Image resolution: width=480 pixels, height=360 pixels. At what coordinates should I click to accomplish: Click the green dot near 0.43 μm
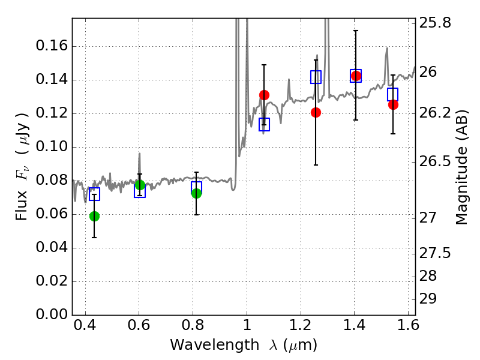[x=95, y=216]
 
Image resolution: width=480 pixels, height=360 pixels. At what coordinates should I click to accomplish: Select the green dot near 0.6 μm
[x=140, y=185]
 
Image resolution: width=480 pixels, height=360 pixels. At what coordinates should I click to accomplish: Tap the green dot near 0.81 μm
[x=197, y=193]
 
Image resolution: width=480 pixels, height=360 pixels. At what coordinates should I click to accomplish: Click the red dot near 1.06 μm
[x=264, y=95]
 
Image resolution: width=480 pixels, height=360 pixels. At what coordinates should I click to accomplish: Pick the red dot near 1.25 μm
[x=316, y=113]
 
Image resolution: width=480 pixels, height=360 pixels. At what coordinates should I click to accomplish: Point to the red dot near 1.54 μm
[x=394, y=104]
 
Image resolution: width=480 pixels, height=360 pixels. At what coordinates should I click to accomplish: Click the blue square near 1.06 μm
[x=264, y=124]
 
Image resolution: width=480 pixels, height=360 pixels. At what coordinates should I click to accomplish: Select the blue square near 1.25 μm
[x=316, y=77]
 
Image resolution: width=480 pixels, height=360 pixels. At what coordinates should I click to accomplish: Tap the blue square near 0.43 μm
[x=95, y=194]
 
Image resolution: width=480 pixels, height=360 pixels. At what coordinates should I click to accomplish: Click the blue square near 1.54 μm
[x=393, y=94]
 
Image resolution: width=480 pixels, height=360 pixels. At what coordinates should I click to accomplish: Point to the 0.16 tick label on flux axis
[x=52, y=46]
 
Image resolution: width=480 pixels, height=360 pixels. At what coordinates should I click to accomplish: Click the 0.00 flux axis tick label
[x=52, y=314]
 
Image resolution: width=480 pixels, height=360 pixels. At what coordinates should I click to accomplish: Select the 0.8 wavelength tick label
[x=193, y=325]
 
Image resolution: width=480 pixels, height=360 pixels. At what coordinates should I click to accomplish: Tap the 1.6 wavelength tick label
[x=408, y=325]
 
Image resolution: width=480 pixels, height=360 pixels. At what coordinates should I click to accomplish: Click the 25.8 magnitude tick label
[x=435, y=23]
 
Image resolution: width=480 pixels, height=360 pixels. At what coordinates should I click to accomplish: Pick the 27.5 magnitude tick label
[x=435, y=253]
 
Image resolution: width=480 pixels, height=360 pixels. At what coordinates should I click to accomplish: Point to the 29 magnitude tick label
[x=428, y=299]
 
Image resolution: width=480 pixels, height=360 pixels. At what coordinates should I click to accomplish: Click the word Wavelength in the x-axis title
[x=215, y=344]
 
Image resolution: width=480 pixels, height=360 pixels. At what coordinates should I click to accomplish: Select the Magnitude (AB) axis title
[x=461, y=167]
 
